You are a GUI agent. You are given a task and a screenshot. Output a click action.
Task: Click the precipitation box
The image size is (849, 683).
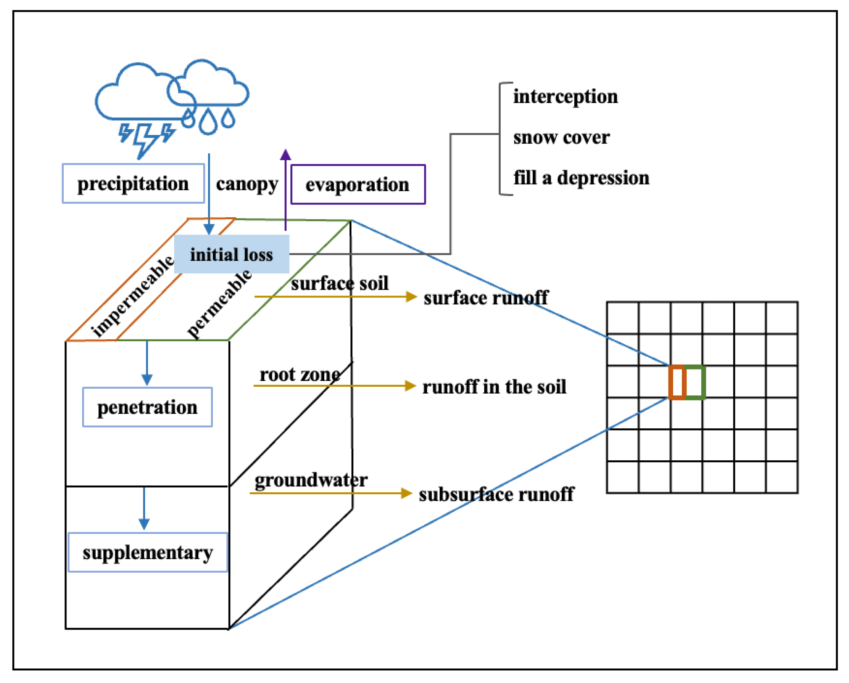point(133,183)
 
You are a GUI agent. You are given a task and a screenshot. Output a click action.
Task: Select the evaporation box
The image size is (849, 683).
point(358,184)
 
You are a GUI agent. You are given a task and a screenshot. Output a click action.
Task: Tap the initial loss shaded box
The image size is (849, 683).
point(232,254)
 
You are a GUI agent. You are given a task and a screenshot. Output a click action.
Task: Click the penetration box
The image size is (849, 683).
point(147,407)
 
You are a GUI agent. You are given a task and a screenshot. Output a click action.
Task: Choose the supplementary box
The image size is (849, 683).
point(148,552)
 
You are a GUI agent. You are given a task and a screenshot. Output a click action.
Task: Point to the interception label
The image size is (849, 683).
point(565,97)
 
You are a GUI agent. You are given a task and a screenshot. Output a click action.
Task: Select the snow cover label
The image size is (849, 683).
point(562,137)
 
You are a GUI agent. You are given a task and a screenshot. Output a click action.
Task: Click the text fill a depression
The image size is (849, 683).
point(581,178)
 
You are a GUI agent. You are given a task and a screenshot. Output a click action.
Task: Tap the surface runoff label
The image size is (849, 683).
point(485,297)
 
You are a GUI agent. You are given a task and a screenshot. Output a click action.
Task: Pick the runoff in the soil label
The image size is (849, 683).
point(494,387)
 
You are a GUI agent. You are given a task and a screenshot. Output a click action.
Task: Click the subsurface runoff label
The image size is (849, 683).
point(496,495)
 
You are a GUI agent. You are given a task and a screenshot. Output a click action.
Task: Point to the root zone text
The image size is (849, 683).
point(300,374)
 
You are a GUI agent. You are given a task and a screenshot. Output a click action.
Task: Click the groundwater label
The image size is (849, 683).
point(311,480)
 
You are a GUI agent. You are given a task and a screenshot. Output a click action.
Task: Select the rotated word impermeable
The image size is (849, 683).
point(132,296)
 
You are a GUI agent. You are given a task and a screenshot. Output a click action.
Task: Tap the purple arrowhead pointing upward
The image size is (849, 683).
point(285,155)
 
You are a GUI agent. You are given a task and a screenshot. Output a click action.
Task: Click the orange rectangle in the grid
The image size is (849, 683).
point(677,382)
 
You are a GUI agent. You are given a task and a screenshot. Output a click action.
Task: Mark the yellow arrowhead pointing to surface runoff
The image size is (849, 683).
point(411,297)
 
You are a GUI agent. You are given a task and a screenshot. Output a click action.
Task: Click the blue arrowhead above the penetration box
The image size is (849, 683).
point(147,380)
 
